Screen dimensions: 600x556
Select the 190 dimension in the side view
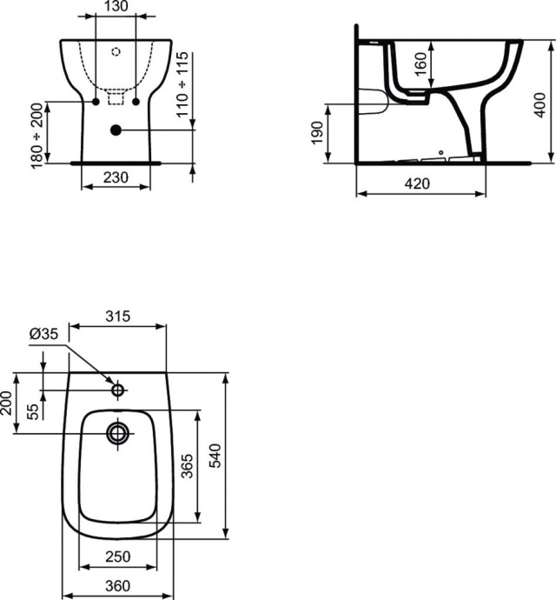pos(318,134)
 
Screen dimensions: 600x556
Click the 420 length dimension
pos(420,183)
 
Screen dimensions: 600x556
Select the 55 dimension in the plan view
pos(33,409)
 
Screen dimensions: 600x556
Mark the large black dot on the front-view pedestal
pos(116,130)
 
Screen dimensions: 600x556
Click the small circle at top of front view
pos(116,50)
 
